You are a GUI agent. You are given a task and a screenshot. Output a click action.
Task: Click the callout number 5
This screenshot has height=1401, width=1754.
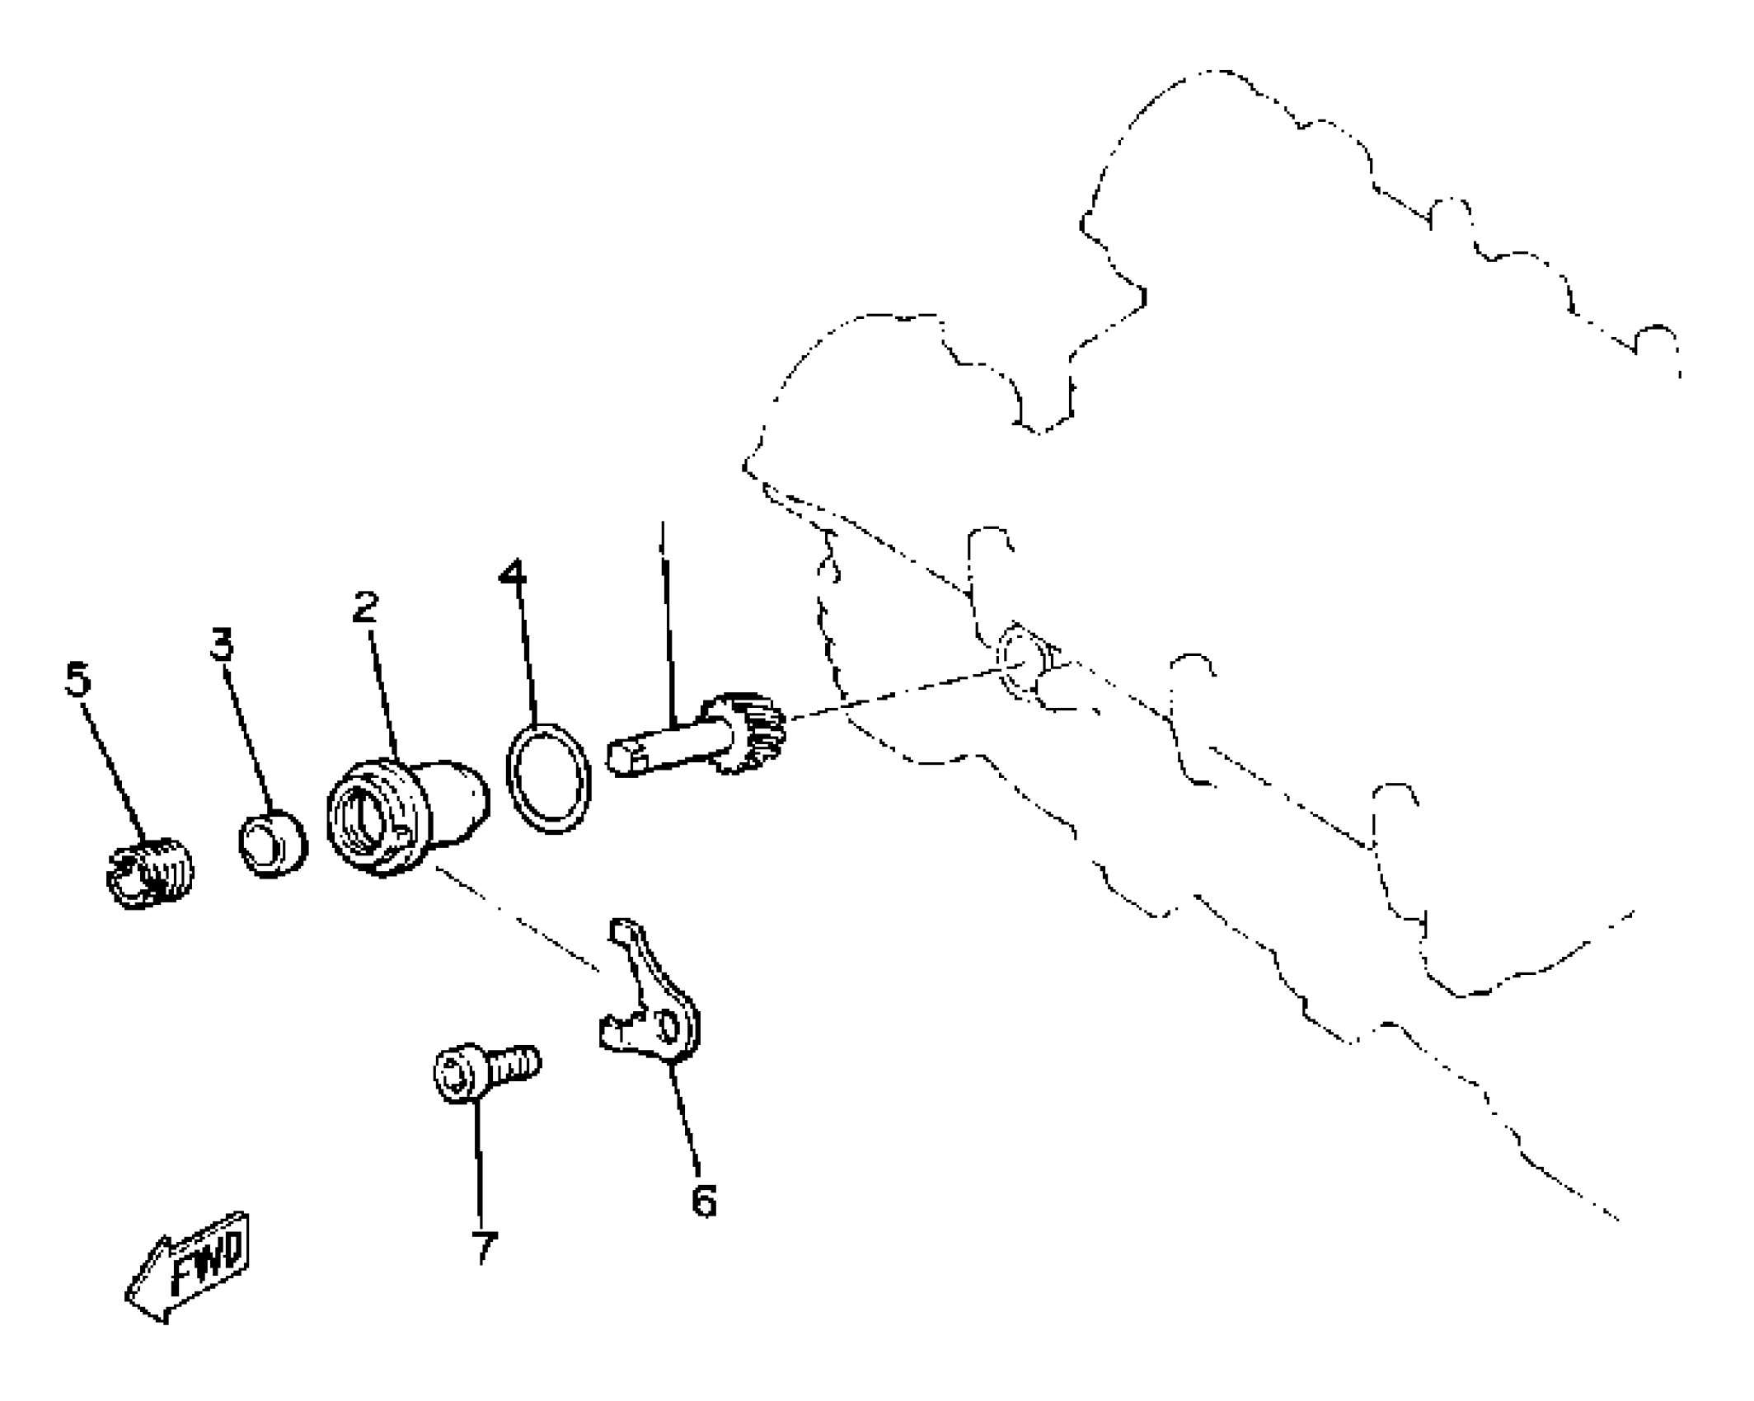pos(77,681)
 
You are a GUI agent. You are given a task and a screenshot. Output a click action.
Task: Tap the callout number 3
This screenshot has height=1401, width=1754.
pos(222,644)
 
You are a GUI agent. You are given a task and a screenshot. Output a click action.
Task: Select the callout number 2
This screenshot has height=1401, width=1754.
pos(364,607)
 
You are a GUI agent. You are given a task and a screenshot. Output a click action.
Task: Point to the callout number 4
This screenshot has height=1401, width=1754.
pos(512,572)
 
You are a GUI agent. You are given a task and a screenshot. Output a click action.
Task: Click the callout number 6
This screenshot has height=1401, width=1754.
pos(703,1201)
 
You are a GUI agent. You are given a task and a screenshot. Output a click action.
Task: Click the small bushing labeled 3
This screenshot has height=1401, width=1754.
pos(273,844)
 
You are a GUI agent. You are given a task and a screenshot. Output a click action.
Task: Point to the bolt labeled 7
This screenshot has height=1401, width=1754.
pos(486,1071)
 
